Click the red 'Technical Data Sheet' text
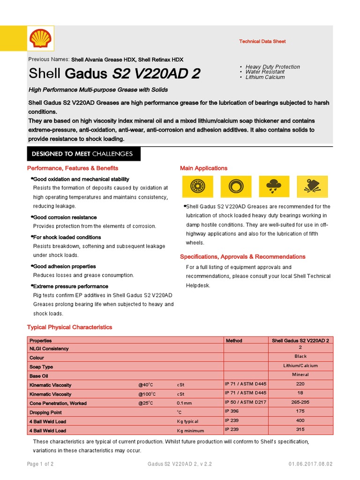click(x=262, y=42)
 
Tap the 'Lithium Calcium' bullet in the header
click(x=265, y=77)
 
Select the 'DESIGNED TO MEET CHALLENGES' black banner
click(x=82, y=154)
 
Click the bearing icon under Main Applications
click(x=197, y=187)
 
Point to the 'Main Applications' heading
click(x=203, y=168)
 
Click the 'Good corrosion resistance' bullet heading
click(x=65, y=217)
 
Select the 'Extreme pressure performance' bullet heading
click(x=70, y=286)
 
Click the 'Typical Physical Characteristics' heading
click(x=69, y=327)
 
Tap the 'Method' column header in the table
click(x=234, y=341)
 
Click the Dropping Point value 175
click(x=300, y=411)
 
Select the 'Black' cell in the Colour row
click(x=300, y=357)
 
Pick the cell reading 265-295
click(x=300, y=402)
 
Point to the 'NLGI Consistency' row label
click(x=49, y=349)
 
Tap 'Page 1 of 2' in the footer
click(x=40, y=464)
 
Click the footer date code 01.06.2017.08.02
click(x=310, y=464)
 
